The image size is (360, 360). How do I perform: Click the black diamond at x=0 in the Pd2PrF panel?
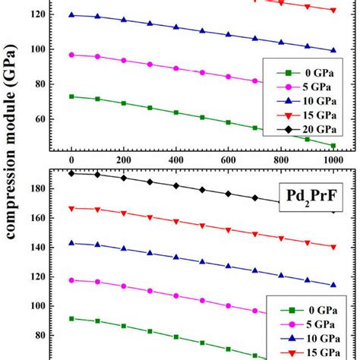(71, 173)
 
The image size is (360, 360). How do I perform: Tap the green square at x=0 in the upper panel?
(71, 96)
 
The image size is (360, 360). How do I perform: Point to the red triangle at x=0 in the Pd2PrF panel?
(71, 208)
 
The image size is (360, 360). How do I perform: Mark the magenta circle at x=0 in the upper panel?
(71, 55)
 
